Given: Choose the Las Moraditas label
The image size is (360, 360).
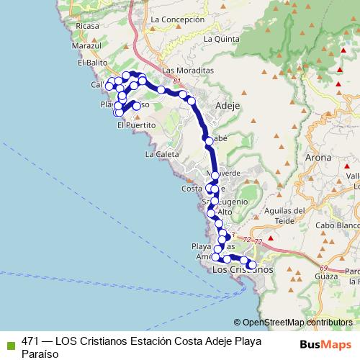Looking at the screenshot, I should (x=189, y=71).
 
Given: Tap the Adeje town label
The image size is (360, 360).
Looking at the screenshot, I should (x=227, y=106).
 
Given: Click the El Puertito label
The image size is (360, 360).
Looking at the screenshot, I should (x=136, y=125).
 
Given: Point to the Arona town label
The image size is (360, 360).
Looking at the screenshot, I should (x=318, y=157).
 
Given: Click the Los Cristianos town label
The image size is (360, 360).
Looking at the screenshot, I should (x=243, y=269).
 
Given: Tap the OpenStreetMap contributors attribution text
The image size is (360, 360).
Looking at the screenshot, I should (x=297, y=323).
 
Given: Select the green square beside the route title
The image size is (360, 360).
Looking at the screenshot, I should (x=9, y=342).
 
